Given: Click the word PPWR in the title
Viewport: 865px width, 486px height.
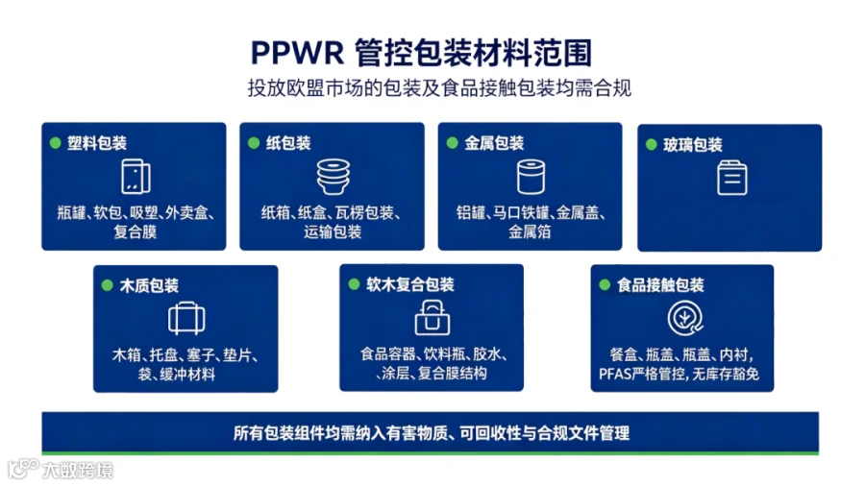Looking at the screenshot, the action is pos(297,53).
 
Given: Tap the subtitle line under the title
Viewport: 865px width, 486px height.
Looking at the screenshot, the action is pos(439,87).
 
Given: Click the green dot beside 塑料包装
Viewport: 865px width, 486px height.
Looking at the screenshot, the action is pos(55,143).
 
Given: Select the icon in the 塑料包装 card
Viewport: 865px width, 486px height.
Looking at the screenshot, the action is pos(136,177).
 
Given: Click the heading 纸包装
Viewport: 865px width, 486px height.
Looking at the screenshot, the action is pos(288,143).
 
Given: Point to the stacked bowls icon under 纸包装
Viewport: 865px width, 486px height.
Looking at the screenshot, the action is pos(334,177).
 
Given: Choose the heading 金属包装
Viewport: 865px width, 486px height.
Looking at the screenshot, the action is pos(494,143).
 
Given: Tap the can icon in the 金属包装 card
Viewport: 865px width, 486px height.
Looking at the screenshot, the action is pos(531,177).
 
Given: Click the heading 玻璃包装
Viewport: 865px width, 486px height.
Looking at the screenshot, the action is pos(692,145).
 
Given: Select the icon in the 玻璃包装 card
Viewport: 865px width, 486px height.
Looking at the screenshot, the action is pos(732,178).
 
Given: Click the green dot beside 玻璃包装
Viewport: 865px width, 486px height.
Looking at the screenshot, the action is pos(651,145).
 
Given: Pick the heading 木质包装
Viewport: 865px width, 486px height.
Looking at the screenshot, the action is pos(149,285).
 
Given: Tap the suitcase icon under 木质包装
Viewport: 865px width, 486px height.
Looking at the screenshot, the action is pos(186,319).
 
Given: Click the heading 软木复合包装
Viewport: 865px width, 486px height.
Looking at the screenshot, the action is pos(409,284).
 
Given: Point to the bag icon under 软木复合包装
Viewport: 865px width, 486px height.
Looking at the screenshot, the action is pos(432,317).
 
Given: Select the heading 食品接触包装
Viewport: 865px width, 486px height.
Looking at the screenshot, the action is pos(660,285).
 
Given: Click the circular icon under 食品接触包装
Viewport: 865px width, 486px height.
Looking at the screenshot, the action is pos(685,318).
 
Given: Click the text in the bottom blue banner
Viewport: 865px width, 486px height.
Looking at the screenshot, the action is pos(431,433).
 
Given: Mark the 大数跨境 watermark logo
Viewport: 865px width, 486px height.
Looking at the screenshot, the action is pos(61,470).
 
